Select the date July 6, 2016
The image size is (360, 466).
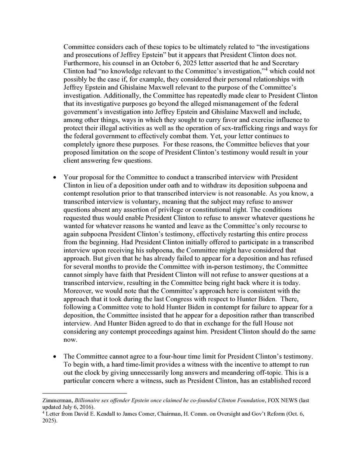click(x=76, y=407)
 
